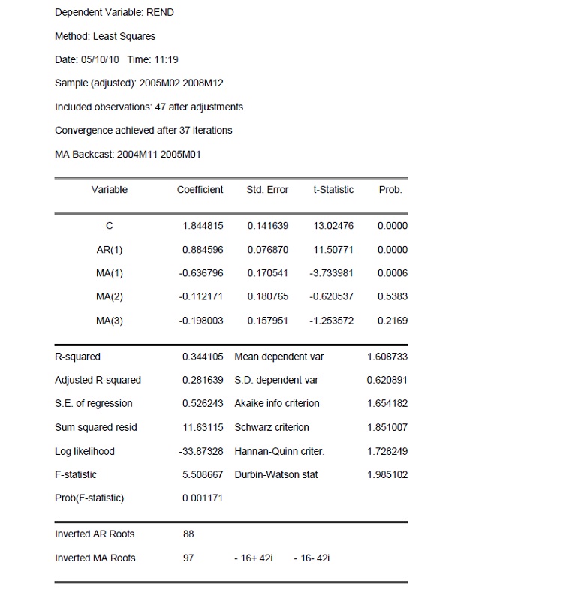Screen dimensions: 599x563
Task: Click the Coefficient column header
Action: click(200, 190)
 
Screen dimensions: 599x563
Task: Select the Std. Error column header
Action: click(267, 190)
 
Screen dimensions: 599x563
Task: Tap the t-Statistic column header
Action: click(333, 190)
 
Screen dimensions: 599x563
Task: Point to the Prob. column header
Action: click(390, 190)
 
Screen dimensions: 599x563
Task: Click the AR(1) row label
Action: click(110, 250)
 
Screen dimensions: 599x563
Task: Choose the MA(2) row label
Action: click(110, 297)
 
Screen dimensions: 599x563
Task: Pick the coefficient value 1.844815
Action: click(203, 226)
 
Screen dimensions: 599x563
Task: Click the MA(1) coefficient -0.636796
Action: click(201, 273)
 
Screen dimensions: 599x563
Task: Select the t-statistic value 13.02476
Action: click(333, 226)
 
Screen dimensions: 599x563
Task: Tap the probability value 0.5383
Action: click(393, 297)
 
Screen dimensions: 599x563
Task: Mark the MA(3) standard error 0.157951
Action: click(267, 321)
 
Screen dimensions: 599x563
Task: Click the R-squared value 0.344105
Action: click(203, 357)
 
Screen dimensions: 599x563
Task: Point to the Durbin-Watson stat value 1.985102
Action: click(387, 475)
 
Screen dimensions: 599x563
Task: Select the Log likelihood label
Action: click(85, 452)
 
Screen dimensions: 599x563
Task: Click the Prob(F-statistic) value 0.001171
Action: click(203, 498)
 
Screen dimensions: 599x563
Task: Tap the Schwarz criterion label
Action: click(272, 428)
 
